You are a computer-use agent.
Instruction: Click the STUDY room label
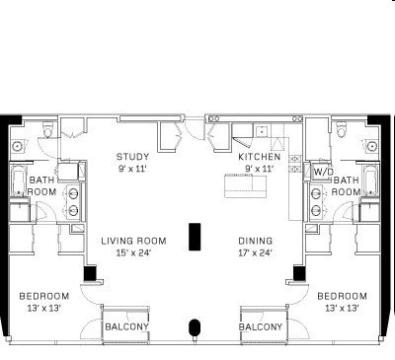pos(132,157)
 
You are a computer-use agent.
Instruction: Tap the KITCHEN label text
pos(260,157)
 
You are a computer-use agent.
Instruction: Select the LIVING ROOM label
pos(133,241)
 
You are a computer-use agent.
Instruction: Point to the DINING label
pos(256,241)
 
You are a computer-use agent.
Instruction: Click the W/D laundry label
pos(323,172)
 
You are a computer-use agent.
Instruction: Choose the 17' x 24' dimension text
pos(255,253)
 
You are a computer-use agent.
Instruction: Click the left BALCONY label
pos(126,327)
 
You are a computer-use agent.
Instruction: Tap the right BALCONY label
pos(261,327)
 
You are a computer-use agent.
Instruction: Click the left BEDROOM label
pos(44,296)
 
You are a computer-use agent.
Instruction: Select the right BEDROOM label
pos(342,296)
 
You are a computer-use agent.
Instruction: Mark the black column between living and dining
pos(195,237)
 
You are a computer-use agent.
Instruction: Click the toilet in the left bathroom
pos(48,130)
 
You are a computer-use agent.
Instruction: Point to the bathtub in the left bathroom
pos(19,180)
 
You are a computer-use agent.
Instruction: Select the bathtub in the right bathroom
pos(370,180)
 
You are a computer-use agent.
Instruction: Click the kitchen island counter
pos(246,186)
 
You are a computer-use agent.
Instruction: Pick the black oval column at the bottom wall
pos(195,327)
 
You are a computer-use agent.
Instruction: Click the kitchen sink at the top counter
pos(262,131)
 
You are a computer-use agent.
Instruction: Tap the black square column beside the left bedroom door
pos(90,273)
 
